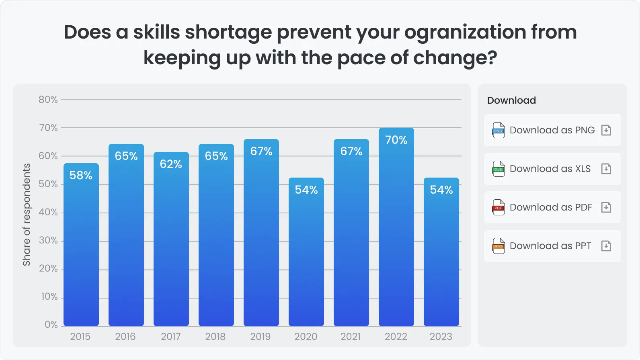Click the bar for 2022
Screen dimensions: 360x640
(396, 233)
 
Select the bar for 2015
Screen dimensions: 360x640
(81, 249)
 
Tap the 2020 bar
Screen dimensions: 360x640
(306, 257)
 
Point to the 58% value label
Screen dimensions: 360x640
(81, 175)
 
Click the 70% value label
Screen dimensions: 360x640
(396, 140)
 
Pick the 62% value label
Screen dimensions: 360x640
(171, 164)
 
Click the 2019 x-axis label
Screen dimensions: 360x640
(261, 337)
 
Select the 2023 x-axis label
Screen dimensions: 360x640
(441, 337)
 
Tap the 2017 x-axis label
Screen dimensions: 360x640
(171, 337)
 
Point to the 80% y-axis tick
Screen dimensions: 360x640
(48, 100)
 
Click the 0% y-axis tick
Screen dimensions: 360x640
(51, 325)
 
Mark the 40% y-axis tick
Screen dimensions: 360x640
(48, 212)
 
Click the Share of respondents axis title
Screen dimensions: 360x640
(27, 215)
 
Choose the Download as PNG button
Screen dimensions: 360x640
(552, 130)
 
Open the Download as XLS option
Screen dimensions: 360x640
(552, 169)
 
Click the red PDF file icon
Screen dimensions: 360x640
(498, 207)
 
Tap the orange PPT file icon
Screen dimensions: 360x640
(498, 246)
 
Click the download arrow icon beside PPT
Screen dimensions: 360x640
(606, 246)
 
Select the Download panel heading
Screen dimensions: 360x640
(511, 100)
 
